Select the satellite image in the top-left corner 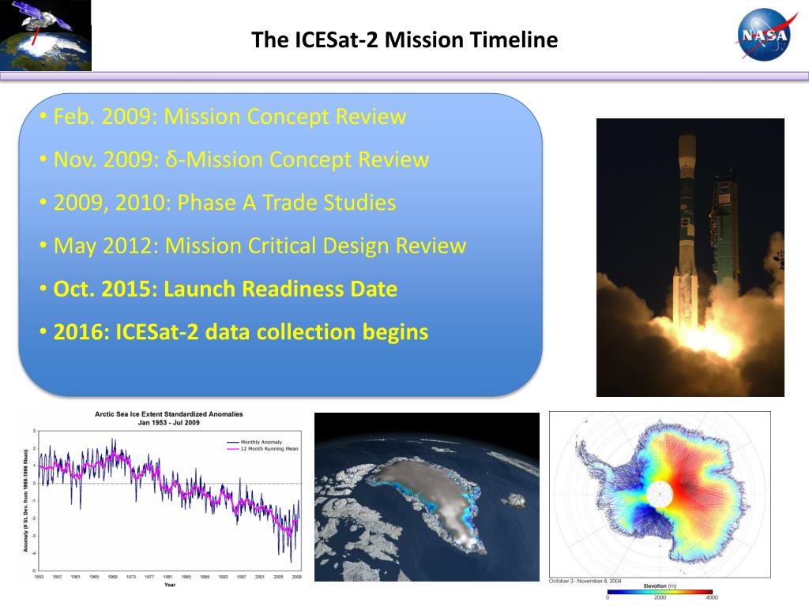[x=46, y=36]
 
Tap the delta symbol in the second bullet [x=171, y=160]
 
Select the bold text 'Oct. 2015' [x=104, y=289]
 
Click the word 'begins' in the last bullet [x=395, y=332]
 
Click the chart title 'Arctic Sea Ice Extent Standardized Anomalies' [x=168, y=413]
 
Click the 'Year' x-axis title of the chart [x=170, y=585]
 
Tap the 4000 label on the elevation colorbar [x=712, y=598]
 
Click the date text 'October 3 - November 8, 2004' [x=586, y=582]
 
